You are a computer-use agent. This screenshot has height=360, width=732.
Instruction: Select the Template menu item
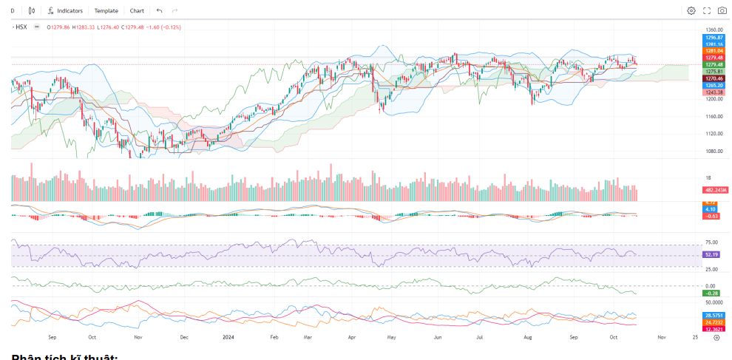(106, 11)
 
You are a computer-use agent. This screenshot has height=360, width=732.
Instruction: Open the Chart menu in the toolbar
(137, 11)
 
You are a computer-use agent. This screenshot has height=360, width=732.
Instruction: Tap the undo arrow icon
(160, 11)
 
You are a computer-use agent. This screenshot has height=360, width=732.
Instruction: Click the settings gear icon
(691, 11)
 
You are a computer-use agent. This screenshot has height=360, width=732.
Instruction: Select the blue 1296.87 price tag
(714, 37)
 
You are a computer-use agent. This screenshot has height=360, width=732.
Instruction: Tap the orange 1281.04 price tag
(714, 50)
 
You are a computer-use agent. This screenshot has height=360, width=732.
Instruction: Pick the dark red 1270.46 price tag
(714, 78)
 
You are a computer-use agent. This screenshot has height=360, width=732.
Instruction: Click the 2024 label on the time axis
(228, 336)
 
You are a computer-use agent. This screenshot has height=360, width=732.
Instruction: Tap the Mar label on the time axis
(307, 336)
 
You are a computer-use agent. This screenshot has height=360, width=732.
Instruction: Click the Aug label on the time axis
(528, 336)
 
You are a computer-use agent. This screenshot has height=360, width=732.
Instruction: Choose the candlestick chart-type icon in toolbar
(31, 11)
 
